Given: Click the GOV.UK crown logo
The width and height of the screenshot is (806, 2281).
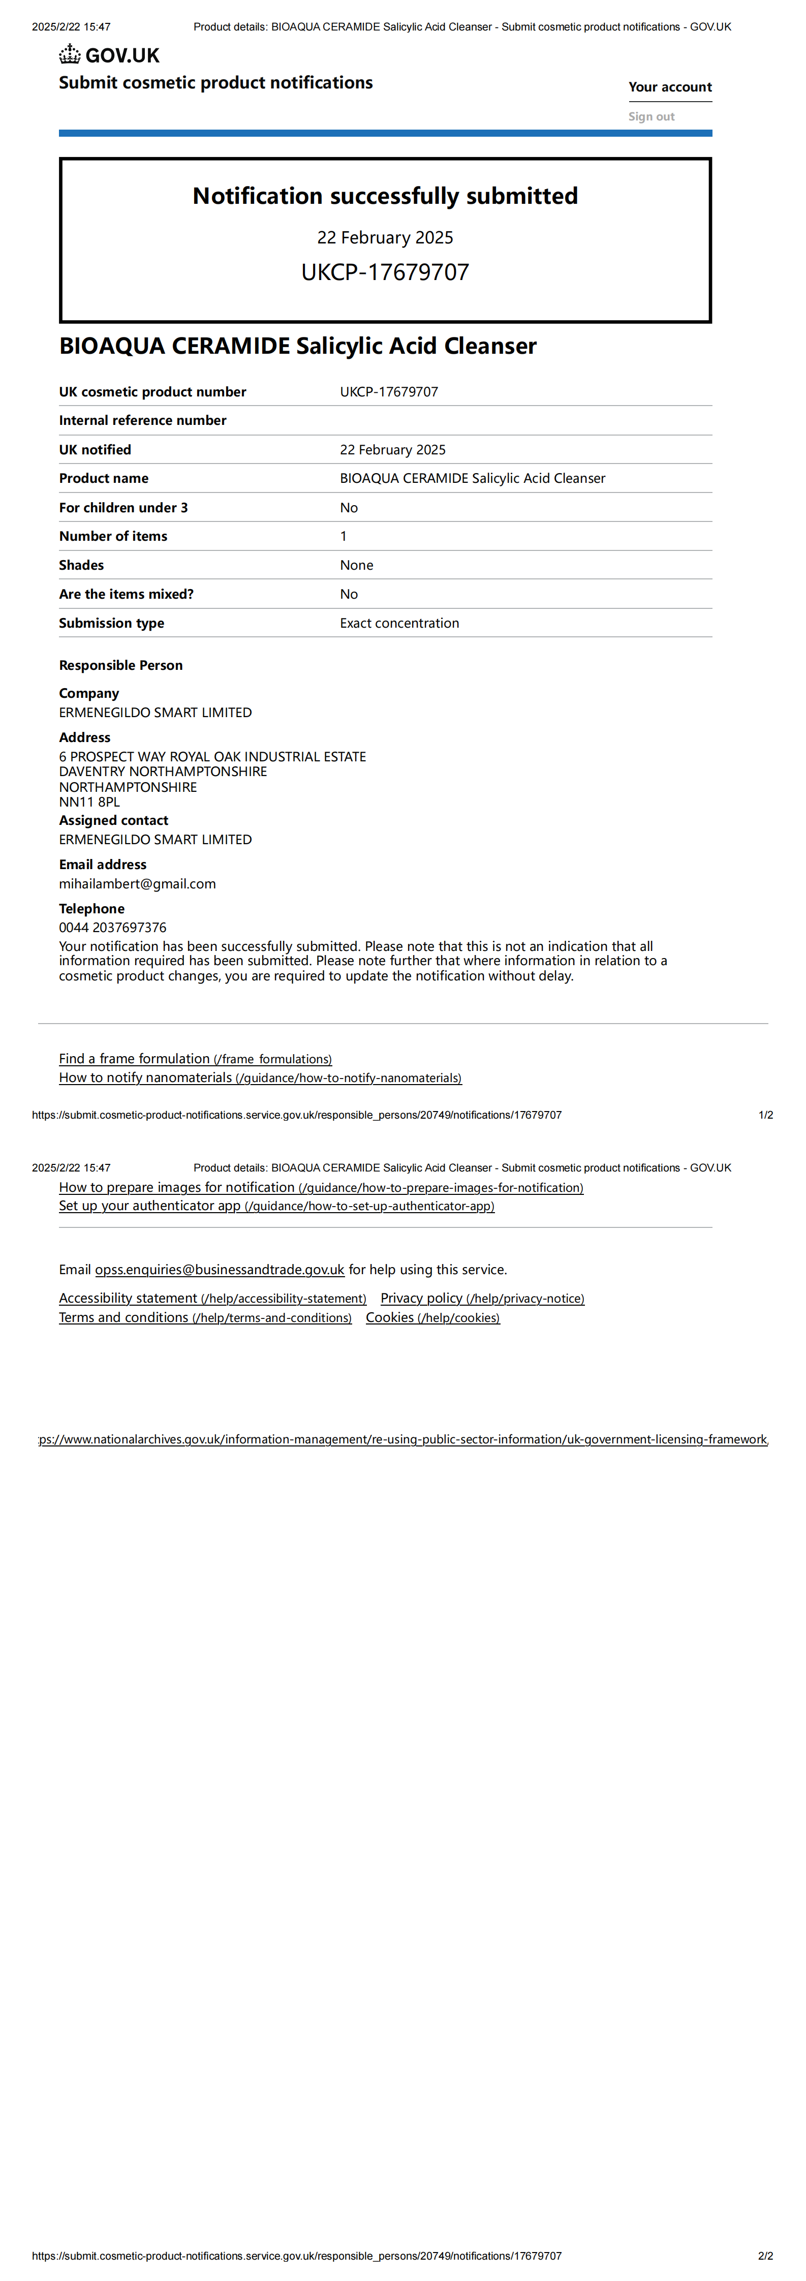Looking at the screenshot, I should pyautogui.click(x=70, y=55).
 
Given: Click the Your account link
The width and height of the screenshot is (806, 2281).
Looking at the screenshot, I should pyautogui.click(x=670, y=87).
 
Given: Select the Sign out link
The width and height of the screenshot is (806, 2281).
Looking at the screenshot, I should pyautogui.click(x=651, y=116).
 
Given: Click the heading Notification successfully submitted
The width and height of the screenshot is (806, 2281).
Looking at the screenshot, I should pyautogui.click(x=385, y=196).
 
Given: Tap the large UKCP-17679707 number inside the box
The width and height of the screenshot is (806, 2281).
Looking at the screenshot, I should pyautogui.click(x=385, y=272).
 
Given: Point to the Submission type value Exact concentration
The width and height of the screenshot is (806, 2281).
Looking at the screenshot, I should pyautogui.click(x=399, y=623).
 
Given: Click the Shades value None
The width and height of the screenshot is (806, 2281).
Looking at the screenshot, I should pyautogui.click(x=356, y=565).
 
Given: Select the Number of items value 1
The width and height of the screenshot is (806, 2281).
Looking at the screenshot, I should pyautogui.click(x=344, y=536).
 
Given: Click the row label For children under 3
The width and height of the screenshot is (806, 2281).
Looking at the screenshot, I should pyautogui.click(x=123, y=507).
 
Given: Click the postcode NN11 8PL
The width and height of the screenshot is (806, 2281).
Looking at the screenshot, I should pyautogui.click(x=89, y=802).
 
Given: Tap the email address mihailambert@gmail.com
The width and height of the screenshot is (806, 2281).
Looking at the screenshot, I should pyautogui.click(x=137, y=884).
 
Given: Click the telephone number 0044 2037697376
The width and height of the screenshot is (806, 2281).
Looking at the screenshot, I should pyautogui.click(x=112, y=927).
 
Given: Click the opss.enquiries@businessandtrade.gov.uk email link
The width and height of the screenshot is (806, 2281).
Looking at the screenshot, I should pyautogui.click(x=220, y=1270).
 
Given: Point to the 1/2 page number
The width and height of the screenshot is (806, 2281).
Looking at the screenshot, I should pyautogui.click(x=765, y=1115).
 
